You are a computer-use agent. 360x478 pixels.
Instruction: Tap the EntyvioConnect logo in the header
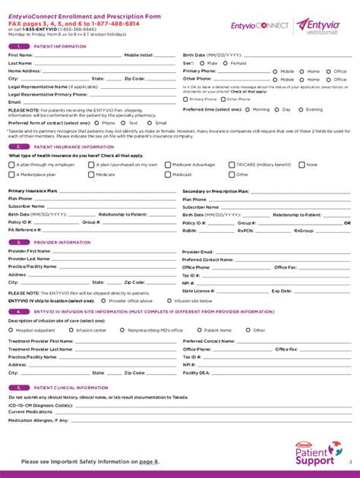(x=261, y=25)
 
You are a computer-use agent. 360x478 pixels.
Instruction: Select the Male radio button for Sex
(x=203, y=63)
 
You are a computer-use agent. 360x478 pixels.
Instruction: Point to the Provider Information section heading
(x=62, y=242)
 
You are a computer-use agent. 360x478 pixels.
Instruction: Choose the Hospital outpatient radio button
(x=11, y=330)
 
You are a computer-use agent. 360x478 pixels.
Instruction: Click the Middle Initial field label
(x=139, y=55)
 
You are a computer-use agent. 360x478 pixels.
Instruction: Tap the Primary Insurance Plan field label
(x=33, y=191)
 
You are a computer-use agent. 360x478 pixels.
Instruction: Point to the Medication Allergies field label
(x=38, y=420)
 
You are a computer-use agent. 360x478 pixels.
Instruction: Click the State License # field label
(x=198, y=291)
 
